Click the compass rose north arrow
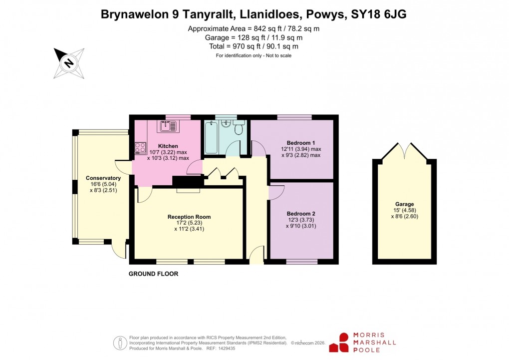coord(68,63)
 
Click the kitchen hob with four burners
coord(140,148)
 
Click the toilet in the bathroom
coord(239,129)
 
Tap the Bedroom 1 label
coord(300,142)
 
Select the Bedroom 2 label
coord(300,213)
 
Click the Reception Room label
coord(189,217)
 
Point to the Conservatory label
coord(103,178)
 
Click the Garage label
coord(405,204)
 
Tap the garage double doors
coord(405,150)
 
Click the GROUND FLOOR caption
coord(153,274)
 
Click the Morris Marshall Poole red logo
coord(344,343)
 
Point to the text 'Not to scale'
coord(275,55)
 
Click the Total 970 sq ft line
coord(254,46)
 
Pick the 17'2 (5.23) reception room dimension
coord(189,223)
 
